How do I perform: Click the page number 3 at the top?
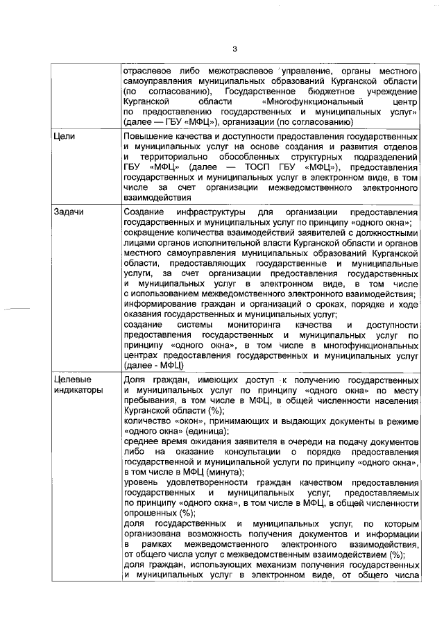(234, 49)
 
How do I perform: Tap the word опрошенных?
(148, 514)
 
